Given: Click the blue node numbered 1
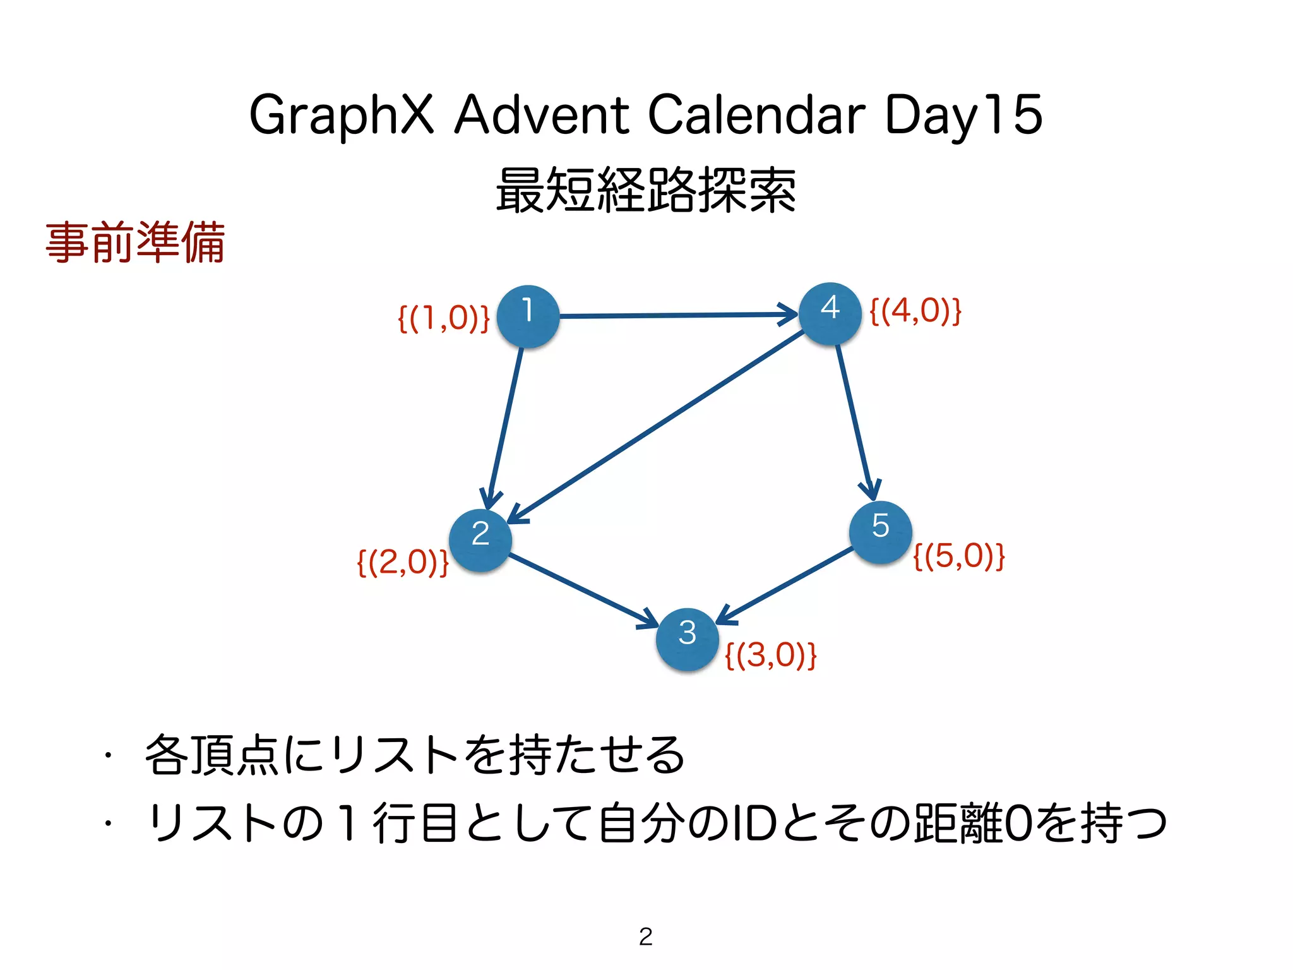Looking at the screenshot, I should [x=528, y=316].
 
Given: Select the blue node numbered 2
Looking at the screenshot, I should [x=480, y=540].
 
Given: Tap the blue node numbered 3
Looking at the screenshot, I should [x=687, y=638].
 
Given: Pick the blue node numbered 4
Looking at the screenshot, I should [x=830, y=313].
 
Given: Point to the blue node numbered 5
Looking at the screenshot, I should [x=880, y=532].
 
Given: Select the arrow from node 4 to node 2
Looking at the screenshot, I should [x=657, y=426].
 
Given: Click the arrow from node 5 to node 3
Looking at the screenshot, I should [x=786, y=584].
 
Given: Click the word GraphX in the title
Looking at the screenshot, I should [x=342, y=115].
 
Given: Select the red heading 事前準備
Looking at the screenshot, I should [x=135, y=242].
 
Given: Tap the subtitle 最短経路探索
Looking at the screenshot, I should [x=645, y=190].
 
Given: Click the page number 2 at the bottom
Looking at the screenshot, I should [x=645, y=937].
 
